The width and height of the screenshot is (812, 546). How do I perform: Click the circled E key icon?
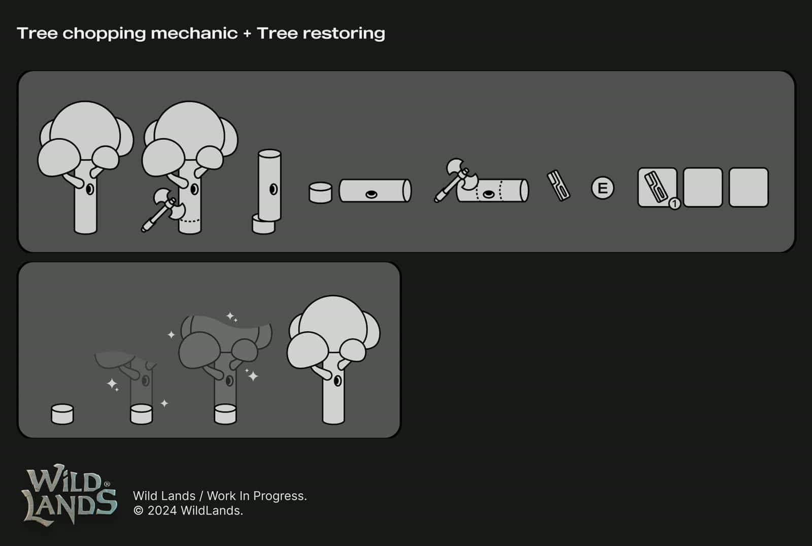tap(602, 188)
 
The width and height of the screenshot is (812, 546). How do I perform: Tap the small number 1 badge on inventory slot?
tap(674, 204)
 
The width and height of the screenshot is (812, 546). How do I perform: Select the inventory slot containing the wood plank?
tap(657, 187)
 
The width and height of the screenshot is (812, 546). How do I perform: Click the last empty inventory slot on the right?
tap(749, 187)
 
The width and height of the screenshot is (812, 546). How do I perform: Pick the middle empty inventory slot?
tap(702, 187)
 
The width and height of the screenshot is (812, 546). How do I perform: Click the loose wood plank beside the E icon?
tap(558, 186)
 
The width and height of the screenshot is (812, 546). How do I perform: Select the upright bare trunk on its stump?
tap(269, 185)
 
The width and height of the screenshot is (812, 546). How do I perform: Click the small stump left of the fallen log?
tap(320, 193)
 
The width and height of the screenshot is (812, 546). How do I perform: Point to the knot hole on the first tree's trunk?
tap(89, 189)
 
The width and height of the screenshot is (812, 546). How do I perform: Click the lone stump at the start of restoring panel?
tap(62, 414)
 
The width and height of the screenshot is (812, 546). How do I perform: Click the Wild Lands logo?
tap(70, 494)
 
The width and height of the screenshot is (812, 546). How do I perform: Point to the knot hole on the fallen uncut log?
tap(371, 194)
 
